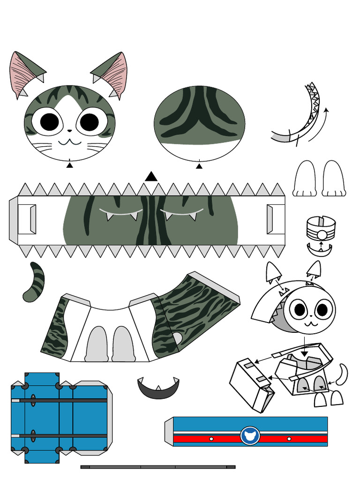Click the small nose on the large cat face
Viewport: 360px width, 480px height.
click(69, 131)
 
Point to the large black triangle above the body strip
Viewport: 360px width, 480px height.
click(151, 176)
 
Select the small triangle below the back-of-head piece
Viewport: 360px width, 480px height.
click(199, 165)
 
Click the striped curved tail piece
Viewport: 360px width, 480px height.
click(34, 281)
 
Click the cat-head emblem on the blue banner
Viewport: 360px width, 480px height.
click(250, 435)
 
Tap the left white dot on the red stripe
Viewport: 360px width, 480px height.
click(211, 439)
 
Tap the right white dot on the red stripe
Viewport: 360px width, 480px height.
click(289, 439)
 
